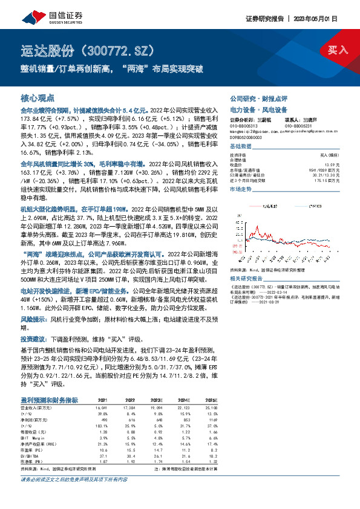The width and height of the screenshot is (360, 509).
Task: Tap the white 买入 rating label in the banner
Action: [x=336, y=50]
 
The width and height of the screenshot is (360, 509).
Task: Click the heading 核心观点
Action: [x=38, y=97]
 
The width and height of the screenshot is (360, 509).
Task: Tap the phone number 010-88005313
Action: [x=244, y=126]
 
